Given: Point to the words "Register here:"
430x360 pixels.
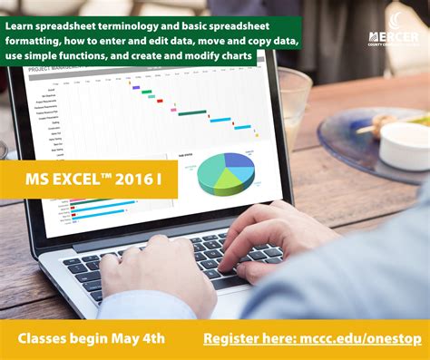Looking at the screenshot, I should [x=244, y=338].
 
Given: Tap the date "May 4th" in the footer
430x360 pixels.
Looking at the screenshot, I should [x=140, y=338].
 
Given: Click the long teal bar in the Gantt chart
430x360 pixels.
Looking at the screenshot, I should [x=191, y=112].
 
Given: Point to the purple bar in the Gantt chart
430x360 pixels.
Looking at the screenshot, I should [x=136, y=88].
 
